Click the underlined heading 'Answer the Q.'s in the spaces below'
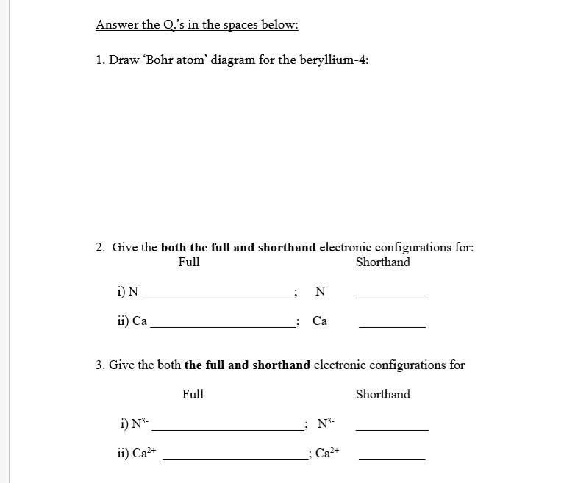196,25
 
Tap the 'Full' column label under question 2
189,262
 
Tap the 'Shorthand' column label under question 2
382,262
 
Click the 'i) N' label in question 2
126,292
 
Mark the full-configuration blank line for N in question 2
216,297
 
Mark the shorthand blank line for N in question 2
392,297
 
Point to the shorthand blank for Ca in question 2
392,326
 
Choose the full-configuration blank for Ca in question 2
221,326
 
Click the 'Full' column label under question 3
193,395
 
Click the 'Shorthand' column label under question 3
382,395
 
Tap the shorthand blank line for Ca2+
392,459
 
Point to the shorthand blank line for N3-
392,429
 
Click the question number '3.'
101,365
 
